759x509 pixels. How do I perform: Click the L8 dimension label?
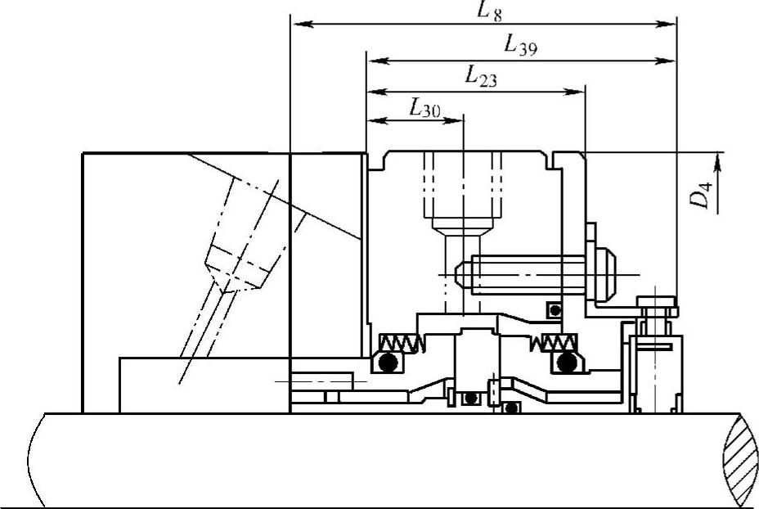[x=489, y=11]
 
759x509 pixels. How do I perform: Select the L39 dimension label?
[x=520, y=47]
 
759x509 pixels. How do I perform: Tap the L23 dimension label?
[x=481, y=77]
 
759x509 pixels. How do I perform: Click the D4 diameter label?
[x=700, y=194]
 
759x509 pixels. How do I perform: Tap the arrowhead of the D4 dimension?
[x=717, y=163]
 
